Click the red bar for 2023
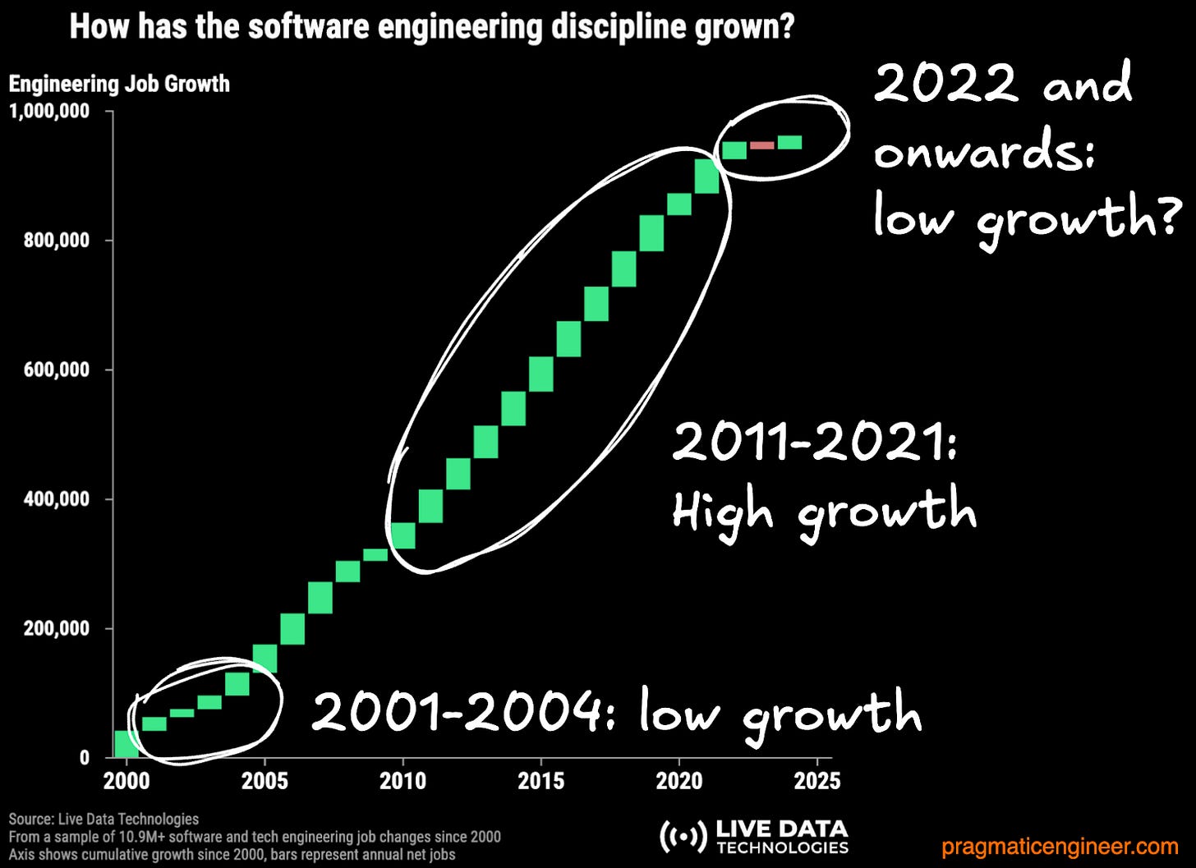click(761, 145)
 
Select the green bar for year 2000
click(126, 744)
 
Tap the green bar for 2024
click(789, 143)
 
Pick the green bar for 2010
click(402, 535)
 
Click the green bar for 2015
click(540, 374)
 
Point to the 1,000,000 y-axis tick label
click(49, 112)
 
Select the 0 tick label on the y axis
click(84, 758)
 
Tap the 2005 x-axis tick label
click(264, 780)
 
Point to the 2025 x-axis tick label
click(817, 780)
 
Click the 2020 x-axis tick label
click(679, 780)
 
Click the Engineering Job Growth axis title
click(119, 84)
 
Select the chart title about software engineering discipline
click(431, 26)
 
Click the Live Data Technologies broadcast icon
click(683, 836)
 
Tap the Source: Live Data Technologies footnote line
click(103, 819)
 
